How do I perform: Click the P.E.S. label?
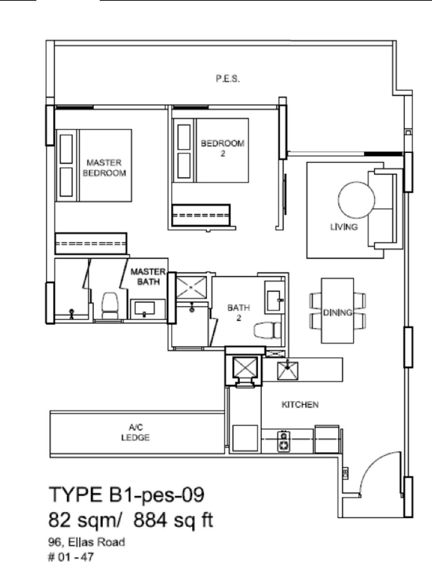(228, 78)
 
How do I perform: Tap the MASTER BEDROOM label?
(104, 168)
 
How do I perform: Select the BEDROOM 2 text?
(223, 148)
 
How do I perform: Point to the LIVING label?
(344, 227)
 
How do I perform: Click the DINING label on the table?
(338, 313)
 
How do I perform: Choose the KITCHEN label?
(300, 404)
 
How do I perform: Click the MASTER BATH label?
(148, 277)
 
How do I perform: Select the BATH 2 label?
(239, 313)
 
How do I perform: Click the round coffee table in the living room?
(356, 200)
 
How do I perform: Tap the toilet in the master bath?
(109, 306)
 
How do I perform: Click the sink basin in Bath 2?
(274, 301)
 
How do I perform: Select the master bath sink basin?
(145, 308)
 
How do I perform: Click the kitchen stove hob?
(284, 441)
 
